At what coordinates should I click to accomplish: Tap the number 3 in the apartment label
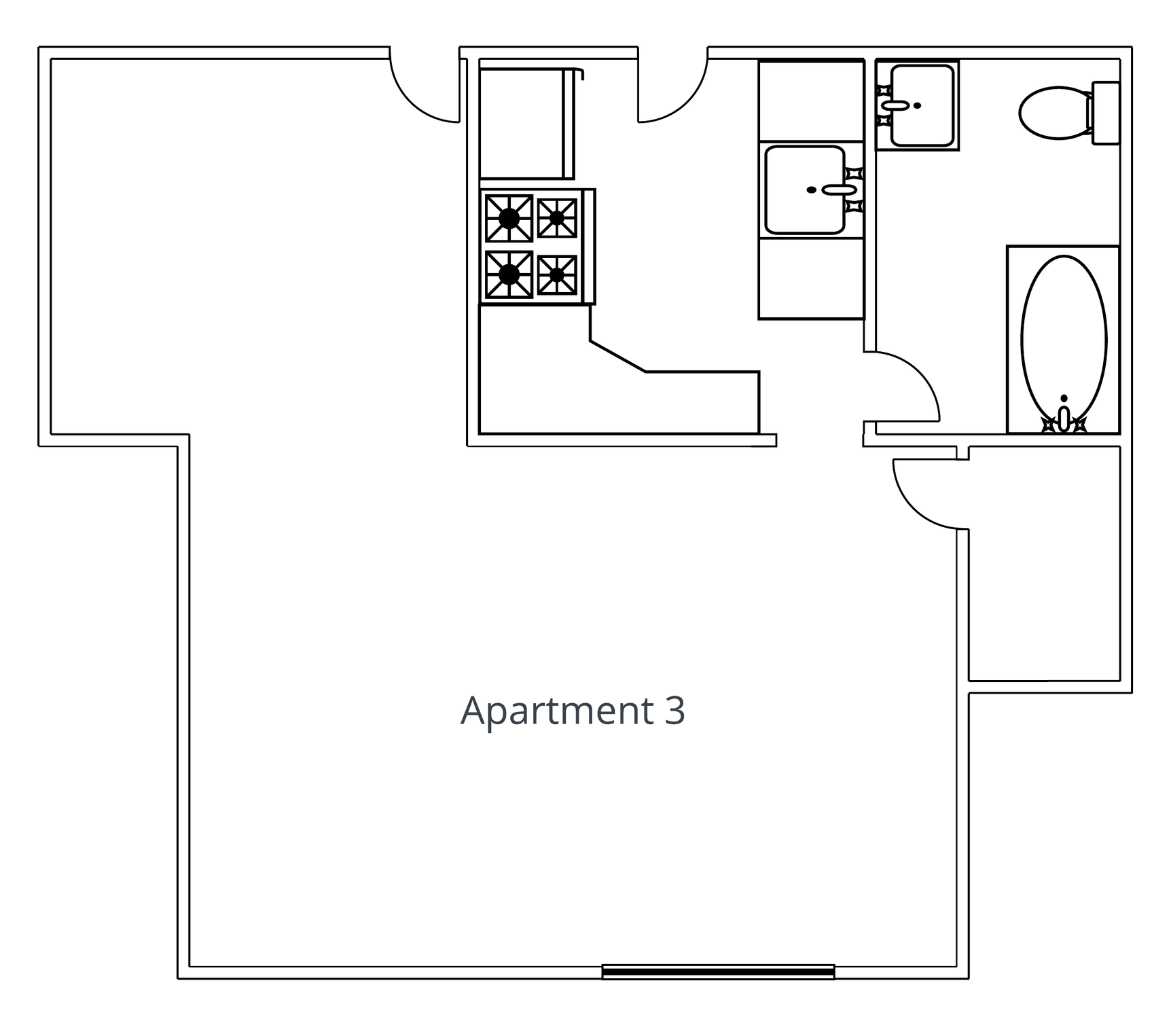pos(674,711)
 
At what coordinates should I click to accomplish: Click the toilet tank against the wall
pos(1105,113)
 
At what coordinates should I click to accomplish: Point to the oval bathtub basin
pos(1064,339)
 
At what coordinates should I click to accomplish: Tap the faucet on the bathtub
pos(1064,418)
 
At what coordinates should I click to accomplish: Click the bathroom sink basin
pos(922,105)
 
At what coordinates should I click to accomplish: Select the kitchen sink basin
pos(805,190)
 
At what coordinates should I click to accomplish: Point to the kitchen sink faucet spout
pos(839,190)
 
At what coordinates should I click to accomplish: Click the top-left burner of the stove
pos(509,218)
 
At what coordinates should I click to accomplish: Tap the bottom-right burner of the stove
pos(557,275)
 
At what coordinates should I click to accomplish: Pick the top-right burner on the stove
pos(557,218)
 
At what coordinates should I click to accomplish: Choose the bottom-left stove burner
pos(509,274)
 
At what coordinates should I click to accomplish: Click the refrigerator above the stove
pos(527,124)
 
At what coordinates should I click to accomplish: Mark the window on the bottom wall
pos(718,972)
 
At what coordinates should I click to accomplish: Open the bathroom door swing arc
pos(918,372)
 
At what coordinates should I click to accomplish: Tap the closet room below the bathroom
pos(1044,563)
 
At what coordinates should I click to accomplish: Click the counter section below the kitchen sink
pos(811,279)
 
